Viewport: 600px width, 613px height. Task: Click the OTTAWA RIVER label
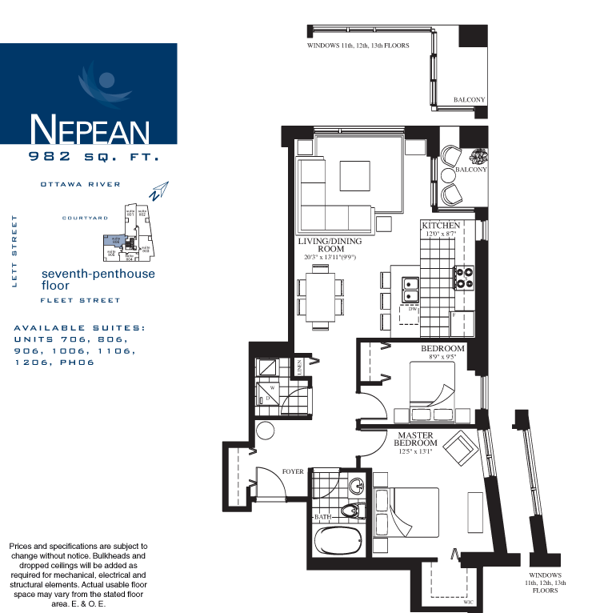81,184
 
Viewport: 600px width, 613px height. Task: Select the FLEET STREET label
81,300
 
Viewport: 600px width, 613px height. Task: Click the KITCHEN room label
441,226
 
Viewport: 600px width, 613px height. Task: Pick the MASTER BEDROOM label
416,439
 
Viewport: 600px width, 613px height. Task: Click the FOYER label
294,471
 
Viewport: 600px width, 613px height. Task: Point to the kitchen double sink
410,290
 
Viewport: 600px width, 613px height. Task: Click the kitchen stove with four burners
464,278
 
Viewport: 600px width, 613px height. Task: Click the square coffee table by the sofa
354,175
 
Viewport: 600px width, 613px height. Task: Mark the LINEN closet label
299,367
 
